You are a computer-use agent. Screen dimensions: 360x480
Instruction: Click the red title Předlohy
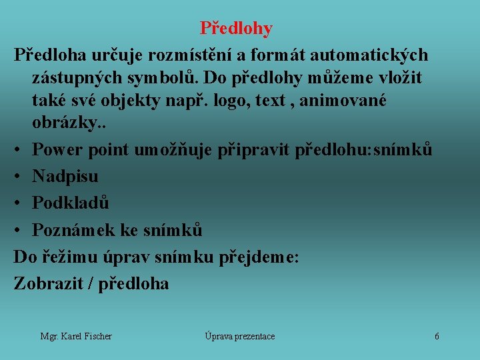(x=236, y=29)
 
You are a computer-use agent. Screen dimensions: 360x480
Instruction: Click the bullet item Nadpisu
(x=65, y=177)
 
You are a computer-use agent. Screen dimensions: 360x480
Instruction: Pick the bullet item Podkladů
(x=71, y=203)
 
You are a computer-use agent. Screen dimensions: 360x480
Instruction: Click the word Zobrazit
(x=47, y=283)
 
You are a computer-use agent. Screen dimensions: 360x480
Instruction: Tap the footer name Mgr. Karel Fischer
(x=76, y=336)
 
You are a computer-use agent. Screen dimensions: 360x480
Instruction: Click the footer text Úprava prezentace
(x=239, y=336)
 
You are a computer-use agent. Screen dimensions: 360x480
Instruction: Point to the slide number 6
(x=437, y=336)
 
